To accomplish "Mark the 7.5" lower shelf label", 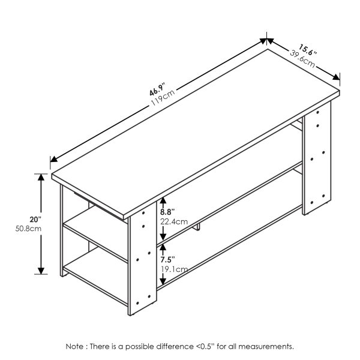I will pos(168,260).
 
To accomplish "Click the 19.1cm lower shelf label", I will pos(171,269).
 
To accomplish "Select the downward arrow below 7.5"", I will pos(163,280).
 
